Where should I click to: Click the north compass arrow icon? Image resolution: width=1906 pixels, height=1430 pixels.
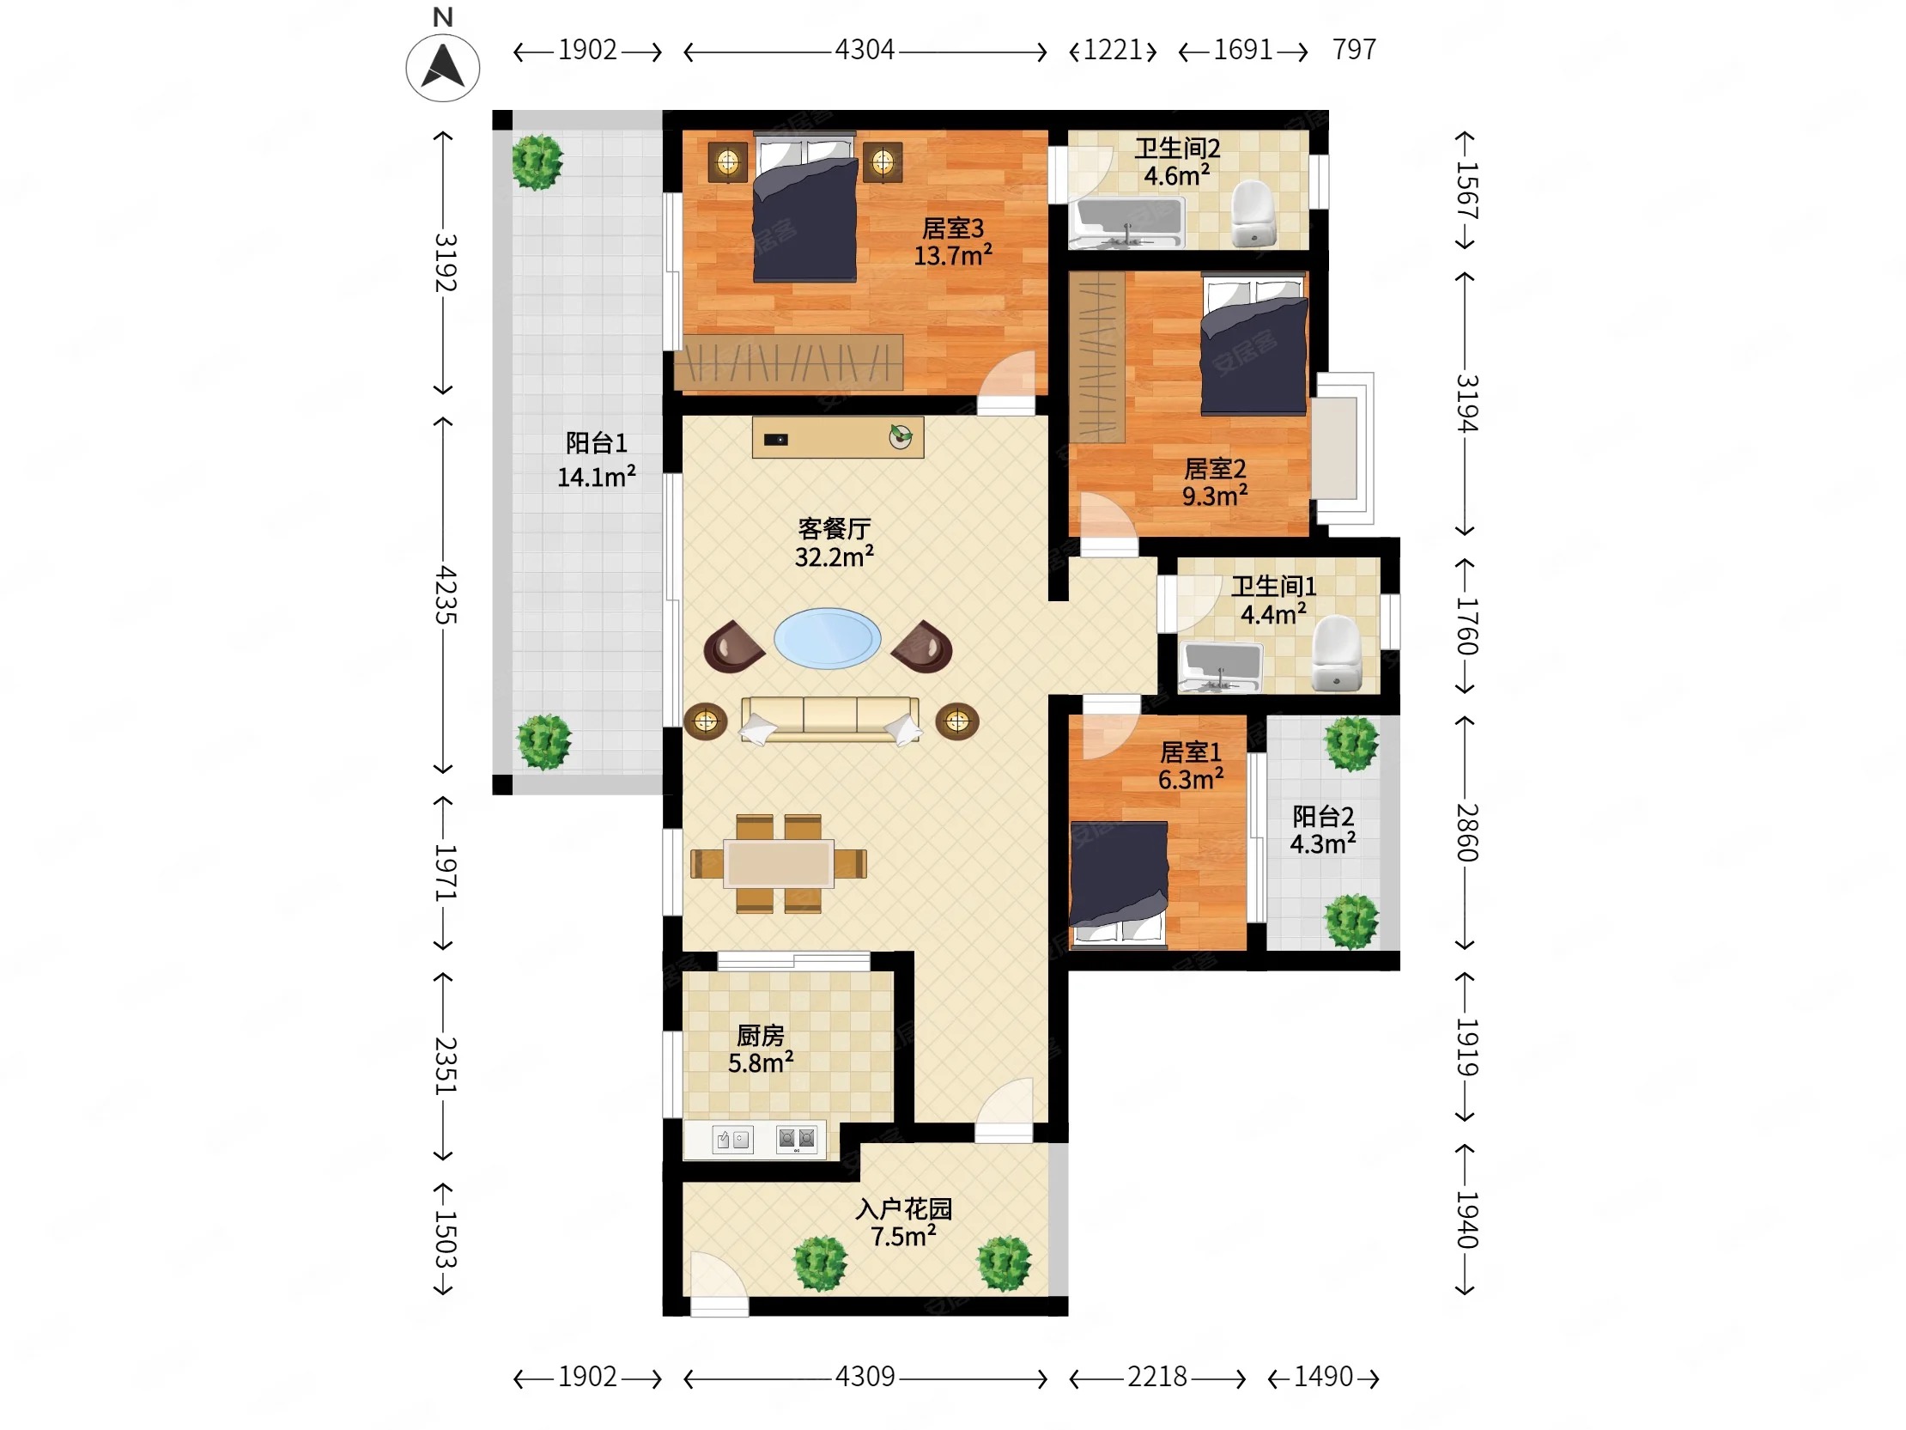pyautogui.click(x=443, y=68)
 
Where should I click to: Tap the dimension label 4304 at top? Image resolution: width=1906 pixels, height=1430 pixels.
pyautogui.click(x=865, y=50)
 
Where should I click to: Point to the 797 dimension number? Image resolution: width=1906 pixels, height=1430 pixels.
pyautogui.click(x=1354, y=50)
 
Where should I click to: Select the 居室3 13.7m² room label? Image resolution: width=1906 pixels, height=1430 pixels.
pyautogui.click(x=953, y=242)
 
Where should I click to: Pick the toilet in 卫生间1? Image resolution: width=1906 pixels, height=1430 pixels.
pyautogui.click(x=1336, y=654)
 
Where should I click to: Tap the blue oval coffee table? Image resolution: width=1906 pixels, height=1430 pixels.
pyautogui.click(x=827, y=639)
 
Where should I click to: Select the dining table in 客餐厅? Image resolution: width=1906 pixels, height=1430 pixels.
pyautogui.click(x=778, y=863)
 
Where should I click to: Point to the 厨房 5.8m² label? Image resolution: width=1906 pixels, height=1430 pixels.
pyautogui.click(x=761, y=1049)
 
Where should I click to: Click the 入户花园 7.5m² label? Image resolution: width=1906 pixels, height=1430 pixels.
pyautogui.click(x=903, y=1222)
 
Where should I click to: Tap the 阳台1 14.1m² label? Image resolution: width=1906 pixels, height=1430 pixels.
pyautogui.click(x=597, y=459)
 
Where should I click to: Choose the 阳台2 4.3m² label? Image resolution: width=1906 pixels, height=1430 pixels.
pyautogui.click(x=1323, y=829)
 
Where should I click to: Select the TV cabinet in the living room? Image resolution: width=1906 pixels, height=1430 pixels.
pyautogui.click(x=838, y=437)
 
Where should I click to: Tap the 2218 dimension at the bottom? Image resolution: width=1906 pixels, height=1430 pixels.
pyautogui.click(x=1157, y=1377)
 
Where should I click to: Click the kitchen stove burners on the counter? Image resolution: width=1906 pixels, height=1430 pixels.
pyautogui.click(x=796, y=1139)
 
